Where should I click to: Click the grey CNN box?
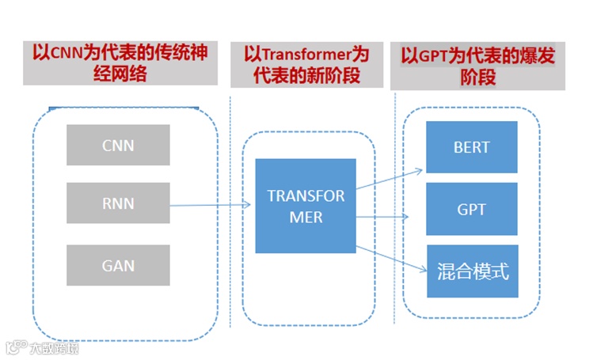click(x=118, y=145)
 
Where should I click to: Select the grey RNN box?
click(x=118, y=203)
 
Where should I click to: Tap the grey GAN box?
click(x=118, y=265)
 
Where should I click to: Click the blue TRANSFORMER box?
click(x=306, y=206)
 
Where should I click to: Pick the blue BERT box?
click(x=472, y=147)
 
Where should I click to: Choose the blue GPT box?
click(x=472, y=210)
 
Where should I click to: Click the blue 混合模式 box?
click(x=472, y=271)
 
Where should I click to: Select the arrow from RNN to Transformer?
click(x=210, y=206)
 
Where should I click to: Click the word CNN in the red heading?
click(x=67, y=54)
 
